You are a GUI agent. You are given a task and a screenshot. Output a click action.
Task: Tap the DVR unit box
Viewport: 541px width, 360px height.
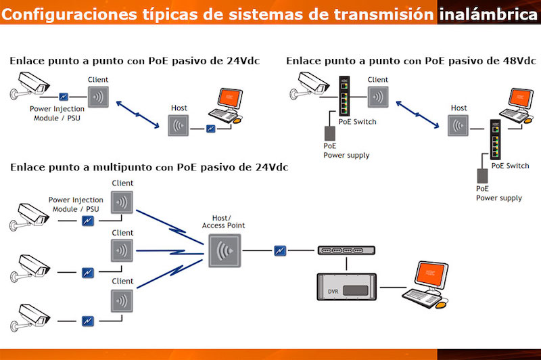(347, 287)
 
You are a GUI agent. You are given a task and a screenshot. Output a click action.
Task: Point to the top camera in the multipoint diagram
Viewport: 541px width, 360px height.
(31, 216)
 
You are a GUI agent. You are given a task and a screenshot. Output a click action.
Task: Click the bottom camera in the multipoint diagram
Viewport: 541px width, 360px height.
(31, 315)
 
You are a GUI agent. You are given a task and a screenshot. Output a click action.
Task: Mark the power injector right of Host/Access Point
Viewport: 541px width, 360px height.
(280, 250)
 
